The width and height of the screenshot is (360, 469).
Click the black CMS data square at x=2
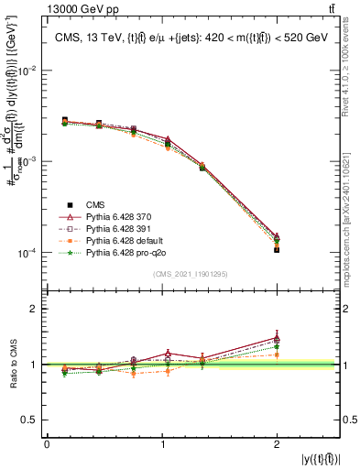click(x=277, y=249)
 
